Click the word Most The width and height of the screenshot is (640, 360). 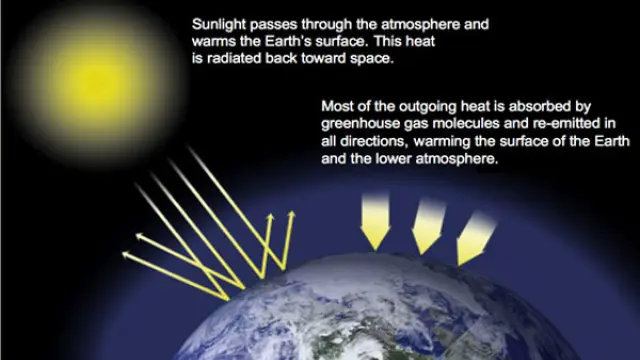point(338,105)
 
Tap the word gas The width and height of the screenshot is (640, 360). point(419,124)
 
